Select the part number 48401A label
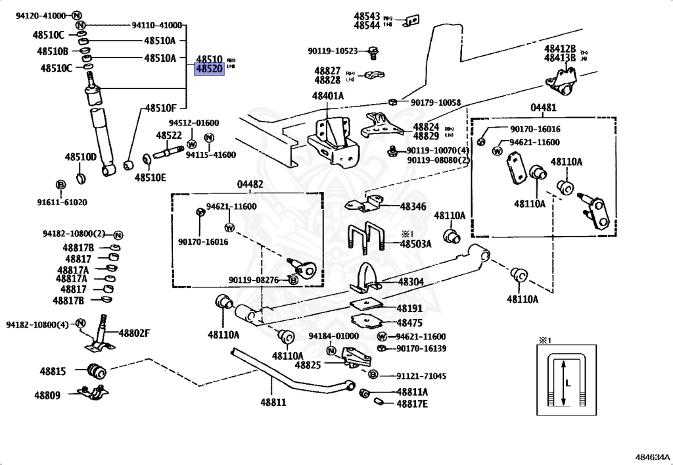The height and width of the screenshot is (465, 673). click(x=328, y=97)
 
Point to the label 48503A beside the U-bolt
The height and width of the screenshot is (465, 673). click(x=416, y=244)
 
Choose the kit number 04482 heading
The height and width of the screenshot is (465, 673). click(x=250, y=185)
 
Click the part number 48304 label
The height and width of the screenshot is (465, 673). click(x=411, y=282)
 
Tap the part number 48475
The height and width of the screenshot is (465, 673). click(x=411, y=323)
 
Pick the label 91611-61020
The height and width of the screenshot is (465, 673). click(x=62, y=202)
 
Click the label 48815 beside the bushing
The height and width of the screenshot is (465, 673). click(x=53, y=372)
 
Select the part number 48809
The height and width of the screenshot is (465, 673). click(x=47, y=395)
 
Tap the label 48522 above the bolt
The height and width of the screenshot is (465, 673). click(x=169, y=135)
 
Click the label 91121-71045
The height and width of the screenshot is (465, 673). click(x=421, y=376)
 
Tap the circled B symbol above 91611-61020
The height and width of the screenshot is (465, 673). click(x=60, y=184)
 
